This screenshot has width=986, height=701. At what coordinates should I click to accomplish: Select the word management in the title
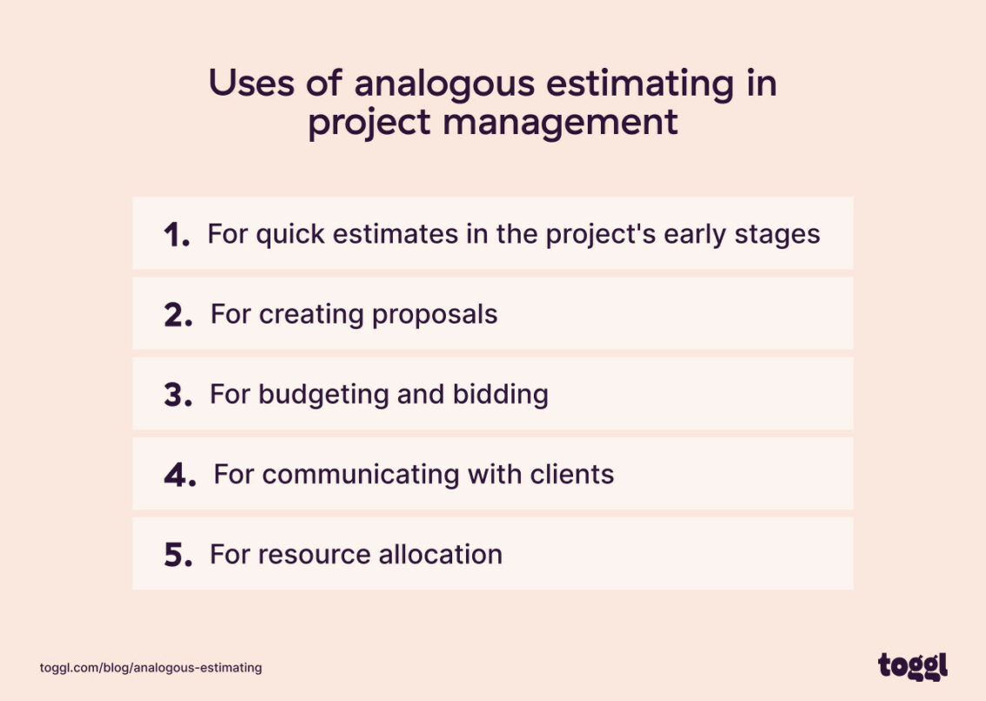[560, 122]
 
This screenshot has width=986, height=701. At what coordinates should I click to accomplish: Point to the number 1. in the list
[177, 235]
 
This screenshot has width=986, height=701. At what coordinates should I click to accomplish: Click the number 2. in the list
[178, 315]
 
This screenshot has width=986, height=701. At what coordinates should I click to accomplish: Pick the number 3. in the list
[178, 396]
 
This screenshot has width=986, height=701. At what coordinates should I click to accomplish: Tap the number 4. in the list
[180, 476]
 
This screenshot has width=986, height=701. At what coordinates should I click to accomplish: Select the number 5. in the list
[178, 556]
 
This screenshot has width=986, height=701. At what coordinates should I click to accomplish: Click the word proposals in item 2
[435, 314]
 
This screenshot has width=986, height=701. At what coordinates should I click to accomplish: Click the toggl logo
[912, 667]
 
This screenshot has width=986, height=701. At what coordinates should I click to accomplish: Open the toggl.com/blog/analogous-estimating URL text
[150, 668]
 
